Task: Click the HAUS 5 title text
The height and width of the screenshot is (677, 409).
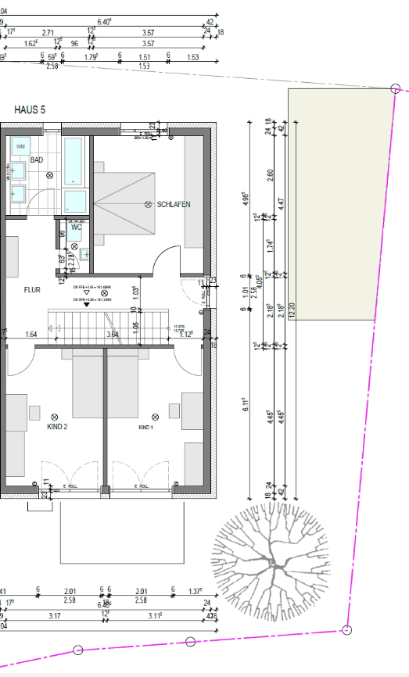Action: [30, 110]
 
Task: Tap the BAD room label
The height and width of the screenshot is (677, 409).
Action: [36, 159]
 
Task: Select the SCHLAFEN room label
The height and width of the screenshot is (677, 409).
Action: [174, 204]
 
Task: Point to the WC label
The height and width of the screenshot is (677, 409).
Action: [77, 227]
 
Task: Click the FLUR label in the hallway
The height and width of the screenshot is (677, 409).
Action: [32, 289]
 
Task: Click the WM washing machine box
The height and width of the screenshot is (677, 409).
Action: [20, 145]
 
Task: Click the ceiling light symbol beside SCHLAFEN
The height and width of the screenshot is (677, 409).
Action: [147, 204]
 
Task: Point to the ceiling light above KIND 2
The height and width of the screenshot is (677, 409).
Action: [54, 416]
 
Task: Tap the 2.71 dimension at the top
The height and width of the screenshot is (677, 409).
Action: [48, 33]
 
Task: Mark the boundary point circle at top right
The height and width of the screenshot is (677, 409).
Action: [396, 89]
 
